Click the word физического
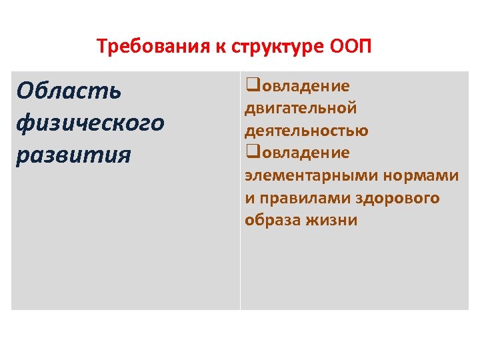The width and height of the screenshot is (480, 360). (x=91, y=123)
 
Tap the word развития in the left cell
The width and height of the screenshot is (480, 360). (x=74, y=155)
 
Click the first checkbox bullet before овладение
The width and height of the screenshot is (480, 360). (x=251, y=85)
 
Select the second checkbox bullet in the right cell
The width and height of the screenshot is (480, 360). (x=251, y=152)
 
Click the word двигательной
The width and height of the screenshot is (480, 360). (x=301, y=108)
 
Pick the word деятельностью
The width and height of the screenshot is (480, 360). (x=306, y=130)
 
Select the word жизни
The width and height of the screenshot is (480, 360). (x=333, y=220)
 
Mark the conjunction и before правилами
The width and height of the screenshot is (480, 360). (x=249, y=198)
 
